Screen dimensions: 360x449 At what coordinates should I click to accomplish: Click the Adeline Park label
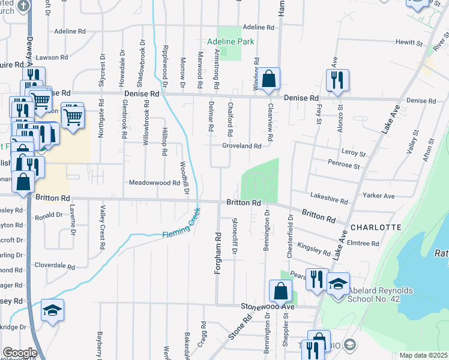pyautogui.click(x=231, y=41)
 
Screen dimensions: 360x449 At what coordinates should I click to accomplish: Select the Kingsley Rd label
pyautogui.click(x=314, y=249)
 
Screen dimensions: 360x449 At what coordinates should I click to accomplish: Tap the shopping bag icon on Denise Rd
pyautogui.click(x=270, y=77)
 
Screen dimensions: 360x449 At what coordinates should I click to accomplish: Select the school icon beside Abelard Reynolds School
pyautogui.click(x=339, y=283)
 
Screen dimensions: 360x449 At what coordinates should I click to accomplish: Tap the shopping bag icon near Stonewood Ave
pyautogui.click(x=281, y=292)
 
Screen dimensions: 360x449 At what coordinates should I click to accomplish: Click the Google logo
pyautogui.click(x=20, y=352)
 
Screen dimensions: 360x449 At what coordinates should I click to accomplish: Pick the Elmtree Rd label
pyautogui.click(x=367, y=244)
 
